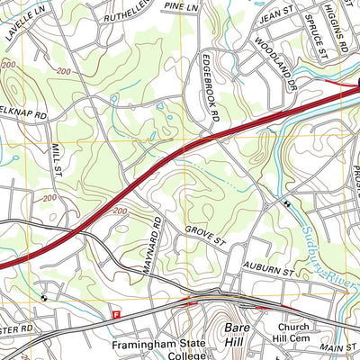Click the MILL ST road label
point(56,158)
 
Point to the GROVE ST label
point(204,236)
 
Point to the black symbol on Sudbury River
point(286,204)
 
